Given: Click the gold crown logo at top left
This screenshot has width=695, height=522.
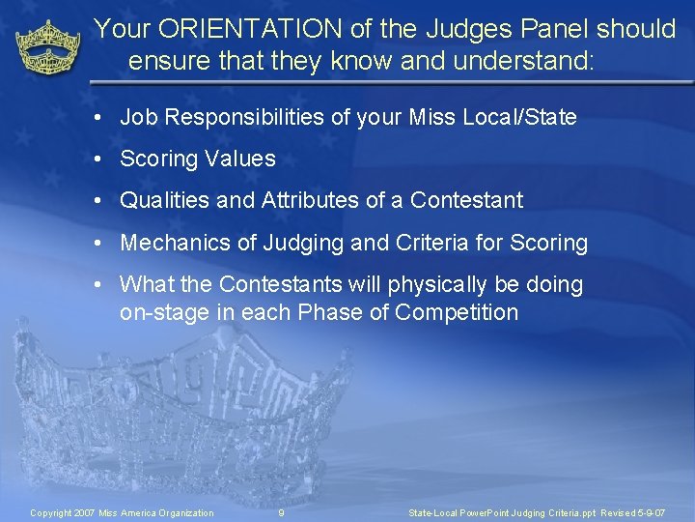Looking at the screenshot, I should (48, 48).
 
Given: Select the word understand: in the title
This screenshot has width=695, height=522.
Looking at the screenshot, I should (520, 63).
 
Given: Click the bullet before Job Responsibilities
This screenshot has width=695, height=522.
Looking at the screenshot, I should (99, 118).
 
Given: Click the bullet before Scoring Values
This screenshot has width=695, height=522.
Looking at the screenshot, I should (99, 159).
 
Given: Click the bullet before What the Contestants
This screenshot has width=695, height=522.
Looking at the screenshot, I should (99, 285).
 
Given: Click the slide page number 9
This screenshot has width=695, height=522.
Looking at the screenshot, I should (281, 512).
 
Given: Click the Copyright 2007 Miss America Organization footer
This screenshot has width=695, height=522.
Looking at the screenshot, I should (123, 512).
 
